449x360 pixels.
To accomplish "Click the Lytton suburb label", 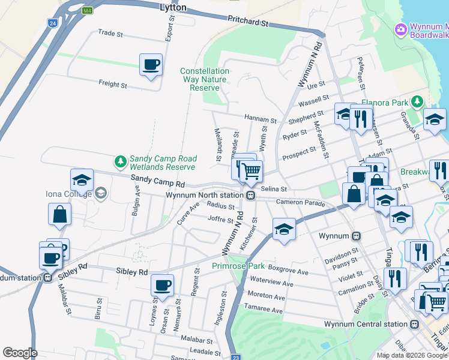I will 173,8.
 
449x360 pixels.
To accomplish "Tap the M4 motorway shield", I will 88,11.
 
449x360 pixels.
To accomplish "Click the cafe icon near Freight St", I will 151,64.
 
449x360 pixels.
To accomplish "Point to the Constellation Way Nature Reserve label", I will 204,79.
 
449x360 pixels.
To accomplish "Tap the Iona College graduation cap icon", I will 82,179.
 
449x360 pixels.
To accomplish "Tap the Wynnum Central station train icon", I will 414,324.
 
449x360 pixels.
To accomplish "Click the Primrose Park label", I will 238,266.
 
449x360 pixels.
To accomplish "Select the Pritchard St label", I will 247,22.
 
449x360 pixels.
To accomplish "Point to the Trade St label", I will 109,33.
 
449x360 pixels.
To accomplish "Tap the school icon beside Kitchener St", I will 284,229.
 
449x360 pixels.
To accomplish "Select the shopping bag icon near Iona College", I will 60,214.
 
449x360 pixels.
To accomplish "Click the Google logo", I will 20,353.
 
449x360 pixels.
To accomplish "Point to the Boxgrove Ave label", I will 288,272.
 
